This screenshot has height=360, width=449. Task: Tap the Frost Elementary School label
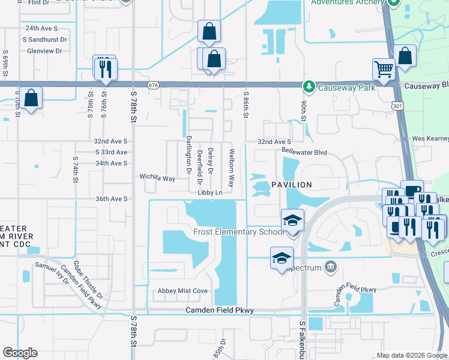click(238, 232)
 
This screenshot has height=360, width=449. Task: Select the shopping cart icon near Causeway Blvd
click(383, 68)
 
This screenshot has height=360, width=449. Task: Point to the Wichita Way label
click(157, 178)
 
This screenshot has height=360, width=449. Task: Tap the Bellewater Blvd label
click(304, 153)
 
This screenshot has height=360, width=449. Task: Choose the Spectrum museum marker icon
click(330, 266)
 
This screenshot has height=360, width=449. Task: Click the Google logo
click(20, 353)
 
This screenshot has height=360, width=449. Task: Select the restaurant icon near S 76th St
click(106, 67)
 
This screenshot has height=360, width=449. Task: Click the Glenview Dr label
click(44, 51)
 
